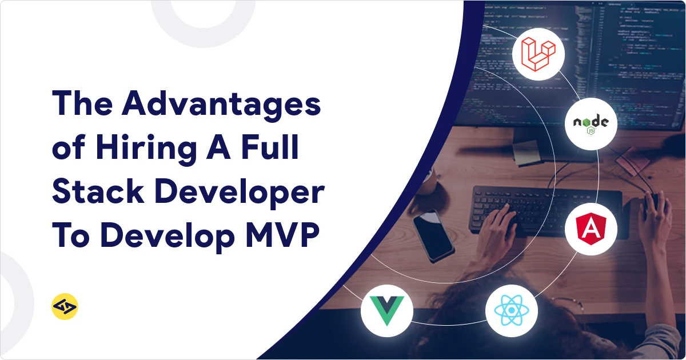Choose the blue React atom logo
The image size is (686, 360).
click(x=512, y=310)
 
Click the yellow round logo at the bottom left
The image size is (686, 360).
click(x=64, y=308)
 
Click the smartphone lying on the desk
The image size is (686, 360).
click(x=433, y=235)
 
